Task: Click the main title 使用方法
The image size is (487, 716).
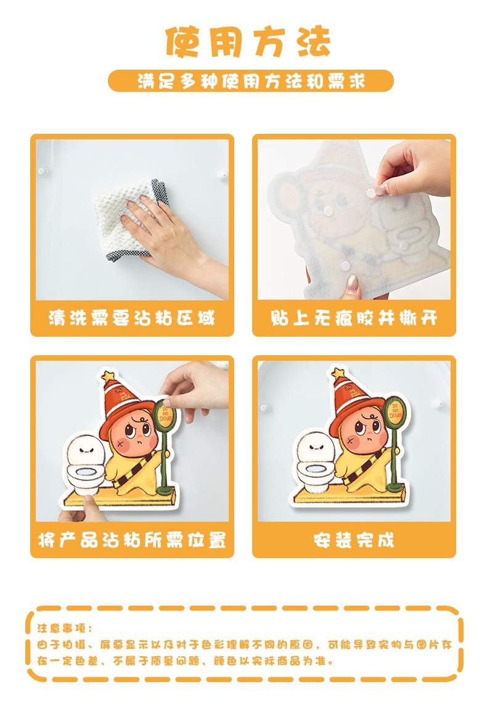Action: (247, 41)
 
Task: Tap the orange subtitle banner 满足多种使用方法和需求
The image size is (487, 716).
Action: (250, 81)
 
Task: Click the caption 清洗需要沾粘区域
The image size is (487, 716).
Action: (132, 318)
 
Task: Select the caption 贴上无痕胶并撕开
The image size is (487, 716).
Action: (354, 318)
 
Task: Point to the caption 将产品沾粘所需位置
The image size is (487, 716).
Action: (132, 540)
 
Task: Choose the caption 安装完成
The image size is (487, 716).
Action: (354, 540)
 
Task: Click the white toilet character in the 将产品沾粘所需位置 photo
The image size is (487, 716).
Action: (85, 465)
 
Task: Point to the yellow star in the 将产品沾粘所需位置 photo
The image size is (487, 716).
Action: (108, 376)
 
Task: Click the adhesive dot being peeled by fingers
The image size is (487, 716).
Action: (372, 193)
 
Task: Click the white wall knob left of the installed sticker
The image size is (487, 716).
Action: (264, 407)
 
